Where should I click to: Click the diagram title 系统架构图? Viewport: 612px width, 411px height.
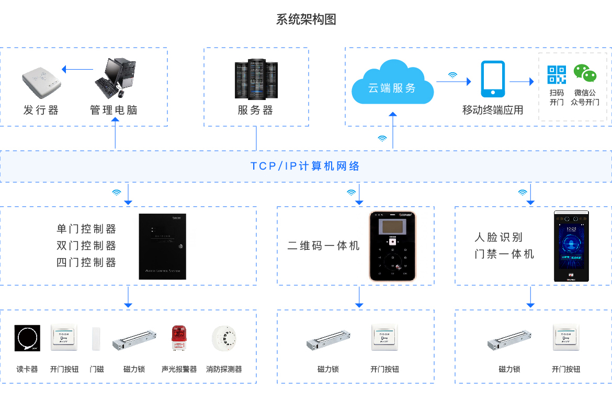tap(306, 19)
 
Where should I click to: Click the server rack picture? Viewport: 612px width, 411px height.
tap(256, 80)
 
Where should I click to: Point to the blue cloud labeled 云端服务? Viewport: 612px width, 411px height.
tap(392, 83)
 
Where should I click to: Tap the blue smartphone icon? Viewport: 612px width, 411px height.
tap(493, 79)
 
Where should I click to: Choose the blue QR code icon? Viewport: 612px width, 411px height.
tap(557, 74)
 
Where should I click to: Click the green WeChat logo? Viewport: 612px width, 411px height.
tap(585, 74)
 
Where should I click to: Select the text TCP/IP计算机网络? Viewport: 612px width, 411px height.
tap(305, 166)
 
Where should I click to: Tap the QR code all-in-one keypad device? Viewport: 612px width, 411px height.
tap(392, 246)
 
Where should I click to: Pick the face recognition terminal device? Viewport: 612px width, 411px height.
tap(571, 246)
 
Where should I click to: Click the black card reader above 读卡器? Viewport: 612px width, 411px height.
tap(27, 338)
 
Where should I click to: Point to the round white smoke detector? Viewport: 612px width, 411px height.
tap(224, 338)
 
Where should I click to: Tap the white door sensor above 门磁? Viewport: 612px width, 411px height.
tap(96, 339)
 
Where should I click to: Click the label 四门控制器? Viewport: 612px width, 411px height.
tap(86, 262)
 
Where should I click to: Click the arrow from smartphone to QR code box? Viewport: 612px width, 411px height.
tap(522, 82)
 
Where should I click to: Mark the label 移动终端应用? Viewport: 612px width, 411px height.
tap(492, 110)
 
